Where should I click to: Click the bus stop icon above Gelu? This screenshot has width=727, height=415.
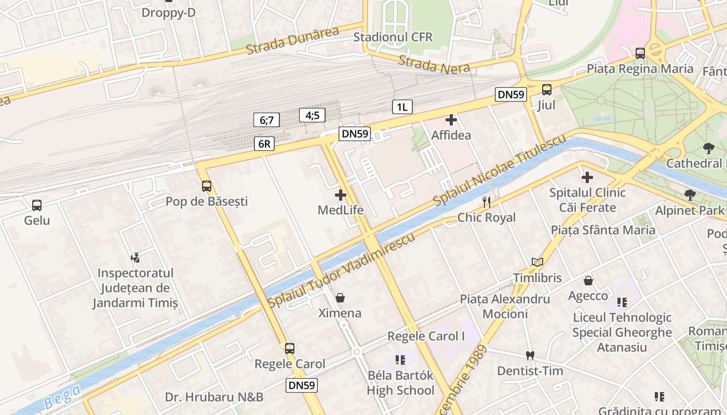click(36, 205)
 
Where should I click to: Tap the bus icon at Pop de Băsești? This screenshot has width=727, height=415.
click(207, 186)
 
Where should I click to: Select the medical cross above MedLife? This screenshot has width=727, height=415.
click(341, 195)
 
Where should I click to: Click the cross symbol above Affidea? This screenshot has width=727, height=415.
click(451, 120)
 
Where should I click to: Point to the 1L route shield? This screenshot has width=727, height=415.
click(402, 107)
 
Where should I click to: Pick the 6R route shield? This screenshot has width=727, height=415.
click(264, 144)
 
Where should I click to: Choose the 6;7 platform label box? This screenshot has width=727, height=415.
click(266, 120)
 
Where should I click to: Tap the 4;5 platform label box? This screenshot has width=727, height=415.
click(312, 115)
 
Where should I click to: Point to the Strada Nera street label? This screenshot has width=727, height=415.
click(434, 64)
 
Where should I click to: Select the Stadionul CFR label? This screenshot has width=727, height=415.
click(393, 37)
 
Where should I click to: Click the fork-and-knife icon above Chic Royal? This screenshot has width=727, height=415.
click(487, 202)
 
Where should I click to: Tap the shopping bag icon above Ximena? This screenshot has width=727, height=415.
click(340, 298)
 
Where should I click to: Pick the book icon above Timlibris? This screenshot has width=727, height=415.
click(537, 262)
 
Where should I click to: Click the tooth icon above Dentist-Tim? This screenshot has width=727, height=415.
click(530, 356)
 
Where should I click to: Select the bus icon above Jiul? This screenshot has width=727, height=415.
click(547, 89)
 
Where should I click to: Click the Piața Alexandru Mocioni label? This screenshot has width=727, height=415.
click(505, 306)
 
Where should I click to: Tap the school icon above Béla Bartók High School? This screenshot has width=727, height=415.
click(400, 359)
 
